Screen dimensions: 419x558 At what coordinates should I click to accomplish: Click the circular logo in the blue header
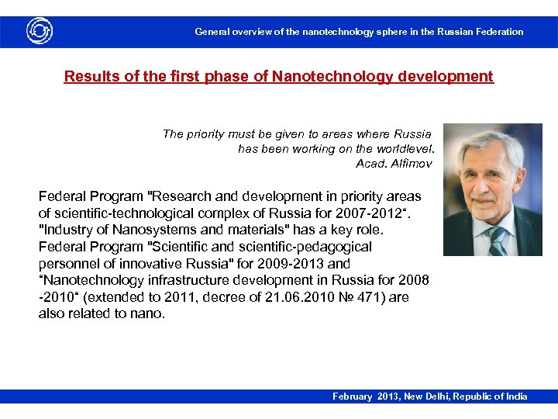click(x=40, y=31)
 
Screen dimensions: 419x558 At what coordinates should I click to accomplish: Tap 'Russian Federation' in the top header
click(x=480, y=32)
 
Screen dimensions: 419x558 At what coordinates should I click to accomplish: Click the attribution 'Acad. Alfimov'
click(x=394, y=163)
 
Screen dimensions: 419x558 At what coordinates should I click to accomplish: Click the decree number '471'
click(x=352, y=297)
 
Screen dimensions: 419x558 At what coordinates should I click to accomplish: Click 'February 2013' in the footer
click(x=364, y=396)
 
